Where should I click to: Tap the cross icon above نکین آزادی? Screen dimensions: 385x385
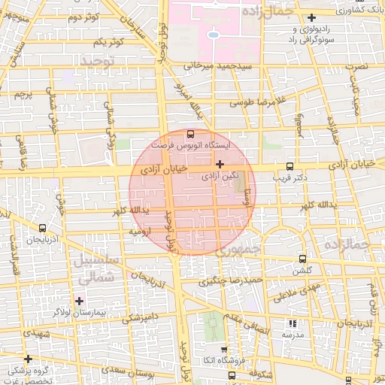click(x=220, y=164)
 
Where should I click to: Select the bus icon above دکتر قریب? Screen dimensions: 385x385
click(x=290, y=167)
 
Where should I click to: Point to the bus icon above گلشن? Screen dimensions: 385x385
click(x=302, y=259)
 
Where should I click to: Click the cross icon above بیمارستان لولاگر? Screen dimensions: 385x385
click(x=79, y=301)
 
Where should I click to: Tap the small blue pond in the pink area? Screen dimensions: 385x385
click(x=214, y=35)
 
